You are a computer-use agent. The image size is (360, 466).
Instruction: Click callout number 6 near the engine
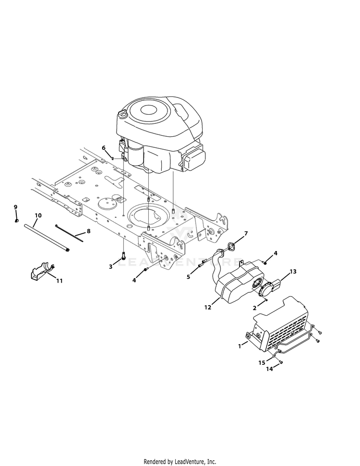coord(104,148)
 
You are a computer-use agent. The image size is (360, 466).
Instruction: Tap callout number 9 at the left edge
coord(15,207)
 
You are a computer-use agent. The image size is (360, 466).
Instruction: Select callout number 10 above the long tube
coord(38,215)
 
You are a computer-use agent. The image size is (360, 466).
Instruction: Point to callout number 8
coord(89,231)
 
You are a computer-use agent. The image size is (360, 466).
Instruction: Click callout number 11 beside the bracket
coord(60,281)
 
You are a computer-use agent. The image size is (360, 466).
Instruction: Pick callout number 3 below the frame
coord(110,266)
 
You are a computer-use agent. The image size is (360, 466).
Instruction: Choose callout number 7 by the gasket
coord(246,233)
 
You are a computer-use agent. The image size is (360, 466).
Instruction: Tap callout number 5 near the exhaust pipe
coord(188,277)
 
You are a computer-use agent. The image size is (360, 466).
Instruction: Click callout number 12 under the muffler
coord(207,307)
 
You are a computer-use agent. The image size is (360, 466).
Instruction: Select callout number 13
coord(293,271)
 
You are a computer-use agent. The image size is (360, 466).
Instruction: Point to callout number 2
coord(254,308)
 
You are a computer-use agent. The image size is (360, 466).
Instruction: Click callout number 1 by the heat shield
coord(240,346)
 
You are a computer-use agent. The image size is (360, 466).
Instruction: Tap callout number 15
coord(262,362)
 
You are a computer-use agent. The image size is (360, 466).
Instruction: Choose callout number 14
coord(269,369)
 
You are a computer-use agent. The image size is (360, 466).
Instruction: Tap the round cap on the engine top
coord(122,114)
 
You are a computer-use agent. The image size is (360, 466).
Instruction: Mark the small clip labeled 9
coord(17,220)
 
